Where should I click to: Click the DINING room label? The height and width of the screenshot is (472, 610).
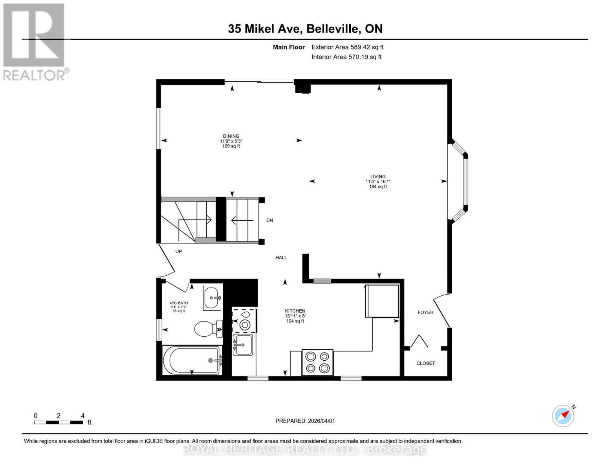point(231,136)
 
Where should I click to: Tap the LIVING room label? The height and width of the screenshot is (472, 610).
point(378,177)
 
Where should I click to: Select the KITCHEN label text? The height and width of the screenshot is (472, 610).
point(295,311)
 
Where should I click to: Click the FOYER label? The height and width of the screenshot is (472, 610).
point(425,312)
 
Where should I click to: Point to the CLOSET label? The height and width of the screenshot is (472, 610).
point(425,363)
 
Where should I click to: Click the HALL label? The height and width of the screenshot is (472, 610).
point(281,258)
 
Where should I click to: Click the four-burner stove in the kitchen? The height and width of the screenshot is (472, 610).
point(317,362)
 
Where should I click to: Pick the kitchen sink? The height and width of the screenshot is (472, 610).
point(243,345)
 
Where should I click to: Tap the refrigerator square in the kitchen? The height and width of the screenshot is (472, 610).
point(382,301)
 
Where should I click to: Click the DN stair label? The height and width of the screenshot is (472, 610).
point(269,221)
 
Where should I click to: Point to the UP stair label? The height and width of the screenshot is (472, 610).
point(178,251)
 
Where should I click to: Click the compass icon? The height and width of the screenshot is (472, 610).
point(563,416)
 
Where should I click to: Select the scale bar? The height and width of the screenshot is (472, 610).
point(59,422)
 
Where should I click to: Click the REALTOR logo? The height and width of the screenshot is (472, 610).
point(35,41)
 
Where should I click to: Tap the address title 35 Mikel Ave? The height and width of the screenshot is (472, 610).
point(305,29)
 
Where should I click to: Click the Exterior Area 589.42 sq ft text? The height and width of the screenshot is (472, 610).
point(347,47)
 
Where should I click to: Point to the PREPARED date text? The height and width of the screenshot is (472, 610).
point(305,421)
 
